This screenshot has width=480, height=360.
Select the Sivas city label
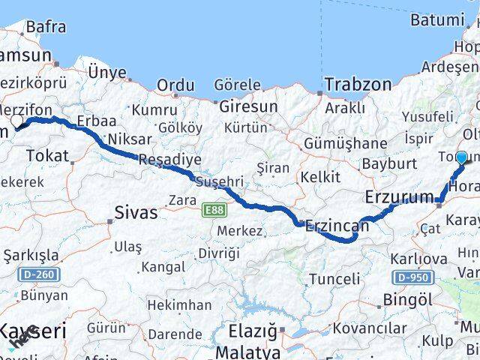136,212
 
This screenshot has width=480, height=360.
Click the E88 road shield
213,212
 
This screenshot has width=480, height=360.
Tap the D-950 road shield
412,277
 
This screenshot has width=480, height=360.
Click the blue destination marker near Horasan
461,157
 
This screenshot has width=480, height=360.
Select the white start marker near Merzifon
16,121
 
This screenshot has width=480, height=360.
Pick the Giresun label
248,107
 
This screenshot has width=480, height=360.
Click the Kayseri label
33,331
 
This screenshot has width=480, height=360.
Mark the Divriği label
219,253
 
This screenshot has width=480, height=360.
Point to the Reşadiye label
169,159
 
